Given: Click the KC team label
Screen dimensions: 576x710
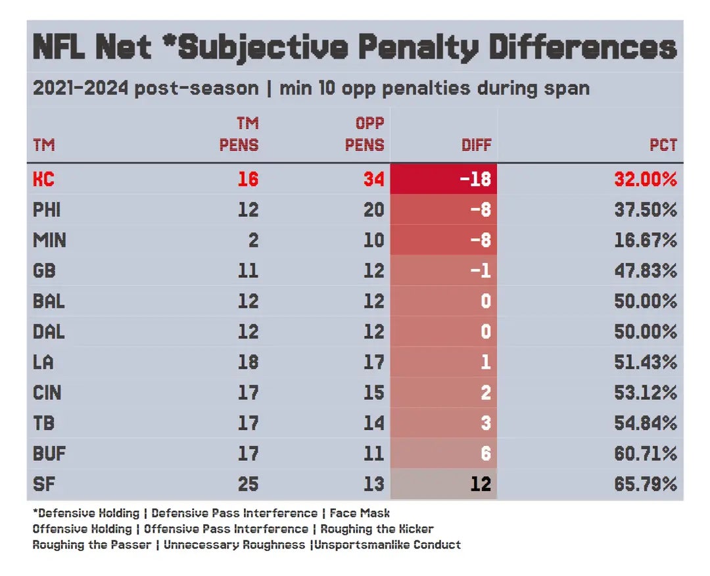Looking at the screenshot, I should [x=43, y=179].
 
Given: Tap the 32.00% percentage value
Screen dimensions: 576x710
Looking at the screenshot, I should [x=646, y=179].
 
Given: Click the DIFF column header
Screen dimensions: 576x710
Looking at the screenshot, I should [x=476, y=145].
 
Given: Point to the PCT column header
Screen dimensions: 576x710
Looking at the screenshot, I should [x=663, y=145].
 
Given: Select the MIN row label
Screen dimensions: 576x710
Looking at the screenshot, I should [x=49, y=240].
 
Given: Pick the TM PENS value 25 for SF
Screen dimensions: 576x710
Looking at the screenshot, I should [x=248, y=484].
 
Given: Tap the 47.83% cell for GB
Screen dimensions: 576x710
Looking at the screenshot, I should [x=646, y=270].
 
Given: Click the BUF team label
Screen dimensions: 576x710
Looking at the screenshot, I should [x=49, y=454].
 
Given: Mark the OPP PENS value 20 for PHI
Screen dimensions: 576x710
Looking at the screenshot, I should [x=373, y=210].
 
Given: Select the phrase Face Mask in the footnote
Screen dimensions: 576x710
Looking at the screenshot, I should [x=360, y=513].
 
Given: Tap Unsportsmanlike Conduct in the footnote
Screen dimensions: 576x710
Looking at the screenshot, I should [x=388, y=544].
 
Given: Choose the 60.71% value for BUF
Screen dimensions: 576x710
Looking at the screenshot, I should [x=646, y=454].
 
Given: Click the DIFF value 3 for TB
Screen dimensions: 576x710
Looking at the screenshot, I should [x=485, y=423].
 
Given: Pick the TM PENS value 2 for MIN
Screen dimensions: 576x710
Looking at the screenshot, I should [x=253, y=240].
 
